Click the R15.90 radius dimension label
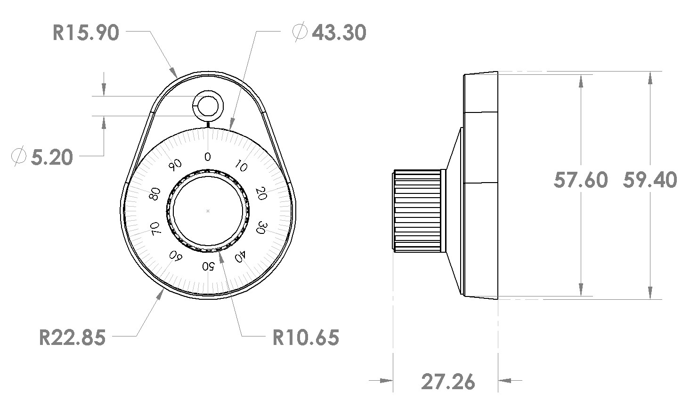click(x=86, y=33)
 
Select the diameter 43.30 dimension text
click(x=329, y=33)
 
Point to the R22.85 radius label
click(x=72, y=337)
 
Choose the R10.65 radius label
click(x=306, y=337)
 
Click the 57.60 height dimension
click(x=580, y=180)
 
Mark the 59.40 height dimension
click(x=650, y=180)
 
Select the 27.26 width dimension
click(x=448, y=382)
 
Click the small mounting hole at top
click(x=207, y=105)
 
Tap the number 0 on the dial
click(x=208, y=156)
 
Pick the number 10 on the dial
click(x=240, y=167)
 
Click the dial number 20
click(x=260, y=193)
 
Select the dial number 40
click(x=240, y=256)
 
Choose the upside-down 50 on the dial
click(x=208, y=266)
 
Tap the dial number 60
click(x=176, y=256)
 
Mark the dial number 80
click(x=154, y=194)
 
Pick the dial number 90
click(x=175, y=165)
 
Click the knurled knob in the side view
click(x=418, y=211)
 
